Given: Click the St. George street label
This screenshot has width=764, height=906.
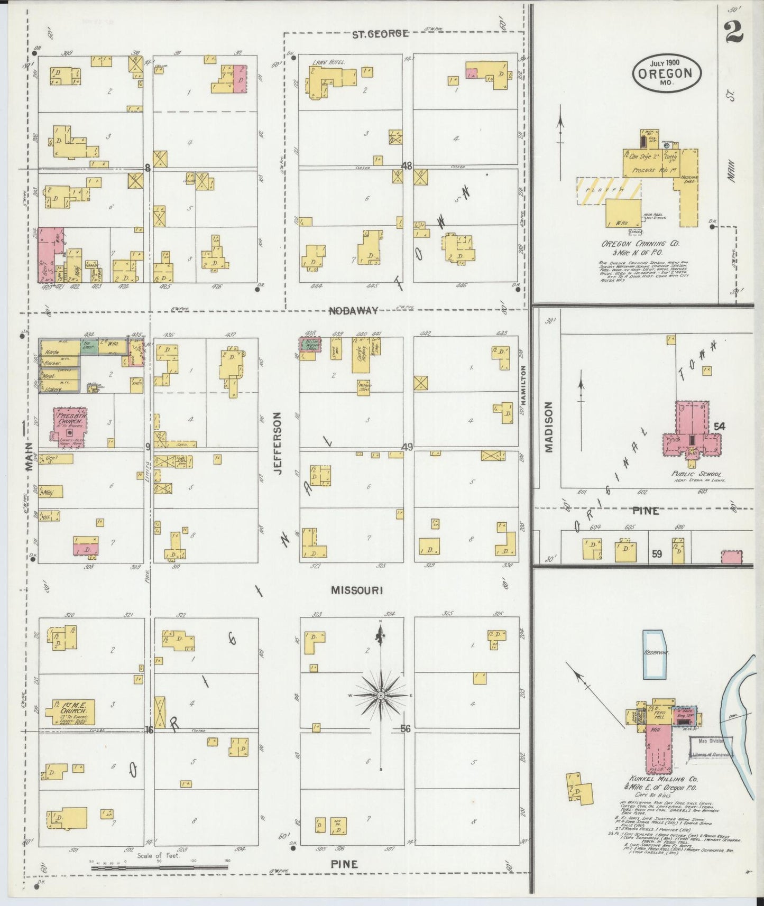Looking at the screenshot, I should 380,34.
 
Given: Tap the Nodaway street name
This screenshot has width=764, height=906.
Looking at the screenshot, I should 353,311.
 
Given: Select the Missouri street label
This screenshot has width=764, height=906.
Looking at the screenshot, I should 356,590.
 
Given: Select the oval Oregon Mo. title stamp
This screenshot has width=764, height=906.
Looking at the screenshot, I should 667,72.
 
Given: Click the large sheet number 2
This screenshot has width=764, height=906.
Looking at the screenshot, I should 734,31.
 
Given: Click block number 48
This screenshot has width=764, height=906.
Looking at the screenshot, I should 406,165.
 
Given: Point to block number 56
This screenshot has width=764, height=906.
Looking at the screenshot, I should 406,728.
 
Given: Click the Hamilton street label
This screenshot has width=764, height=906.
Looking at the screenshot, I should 523,379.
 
